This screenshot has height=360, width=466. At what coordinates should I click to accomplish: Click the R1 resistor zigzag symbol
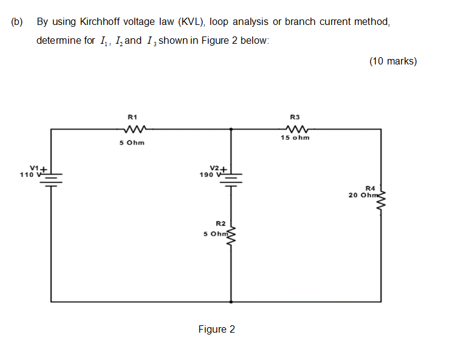132,129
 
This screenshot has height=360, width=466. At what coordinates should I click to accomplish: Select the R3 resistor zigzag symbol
295,129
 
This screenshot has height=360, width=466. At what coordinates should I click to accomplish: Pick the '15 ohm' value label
295,137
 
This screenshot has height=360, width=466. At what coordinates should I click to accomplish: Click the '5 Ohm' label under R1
132,144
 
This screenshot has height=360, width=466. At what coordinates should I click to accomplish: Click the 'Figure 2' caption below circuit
216,329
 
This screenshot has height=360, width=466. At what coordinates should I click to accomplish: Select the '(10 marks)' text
392,61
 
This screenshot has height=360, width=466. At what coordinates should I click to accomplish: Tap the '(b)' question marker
16,22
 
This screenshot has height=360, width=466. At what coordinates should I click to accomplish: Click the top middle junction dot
231,129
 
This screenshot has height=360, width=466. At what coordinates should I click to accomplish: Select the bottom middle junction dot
231,301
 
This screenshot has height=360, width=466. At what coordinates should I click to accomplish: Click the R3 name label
295,116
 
